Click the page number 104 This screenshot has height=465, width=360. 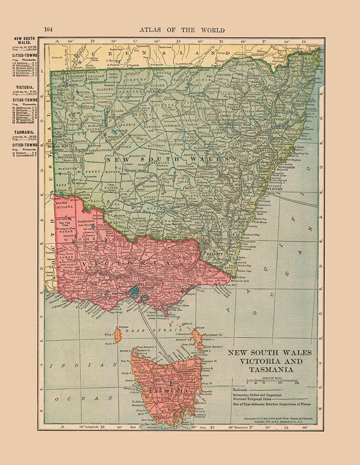[49, 30]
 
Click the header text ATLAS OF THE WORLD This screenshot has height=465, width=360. [182, 30]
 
